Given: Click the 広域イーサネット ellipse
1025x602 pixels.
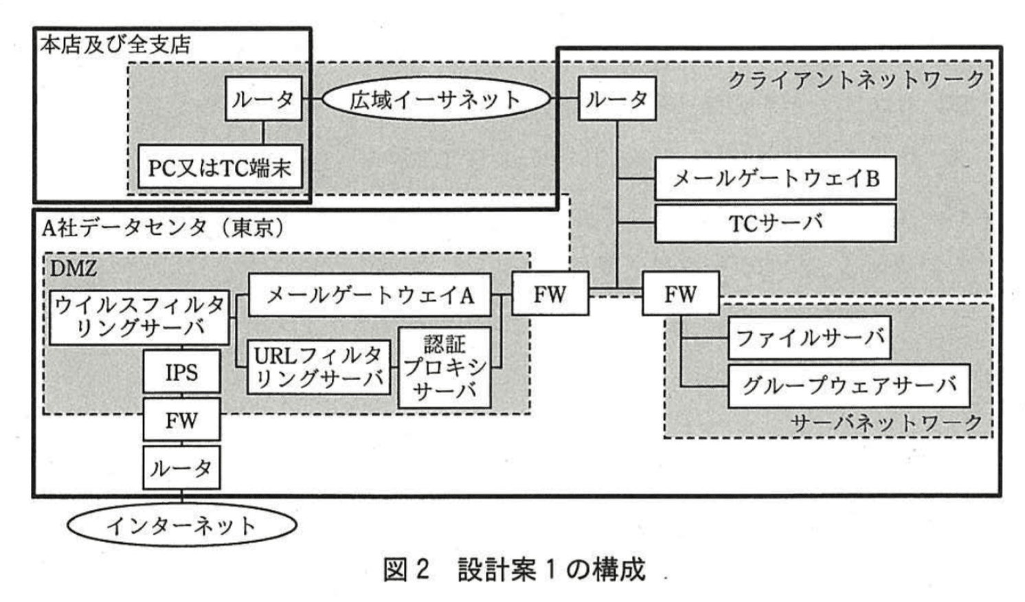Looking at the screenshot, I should coord(436,100).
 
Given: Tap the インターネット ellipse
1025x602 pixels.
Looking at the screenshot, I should coord(181,526).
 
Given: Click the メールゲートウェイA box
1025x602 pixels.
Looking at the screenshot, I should coord(370,296).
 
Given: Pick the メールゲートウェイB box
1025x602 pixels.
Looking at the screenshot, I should coord(775,179).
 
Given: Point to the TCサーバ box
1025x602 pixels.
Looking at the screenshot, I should coord(775,223).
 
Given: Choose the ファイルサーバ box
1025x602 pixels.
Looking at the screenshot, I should coord(809,337).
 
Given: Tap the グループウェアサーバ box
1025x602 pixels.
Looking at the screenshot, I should coord(848,385).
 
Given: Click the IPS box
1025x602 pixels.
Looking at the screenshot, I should coord(181,372).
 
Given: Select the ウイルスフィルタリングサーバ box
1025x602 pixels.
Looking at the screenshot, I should coord(139,317).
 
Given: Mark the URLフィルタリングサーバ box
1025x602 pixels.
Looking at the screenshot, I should coord(318,367).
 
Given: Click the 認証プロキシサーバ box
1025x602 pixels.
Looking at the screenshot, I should coord(444,367).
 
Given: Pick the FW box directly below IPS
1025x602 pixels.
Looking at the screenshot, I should coord(181,420).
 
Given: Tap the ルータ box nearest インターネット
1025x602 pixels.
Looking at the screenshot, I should coord(181,468).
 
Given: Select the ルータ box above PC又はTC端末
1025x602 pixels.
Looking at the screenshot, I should coord(263,99).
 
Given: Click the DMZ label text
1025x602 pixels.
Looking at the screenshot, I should coord(73,267).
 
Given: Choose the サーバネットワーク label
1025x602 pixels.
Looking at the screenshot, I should coord(886,423).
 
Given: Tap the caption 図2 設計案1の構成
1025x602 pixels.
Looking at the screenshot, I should coord(514,570).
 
